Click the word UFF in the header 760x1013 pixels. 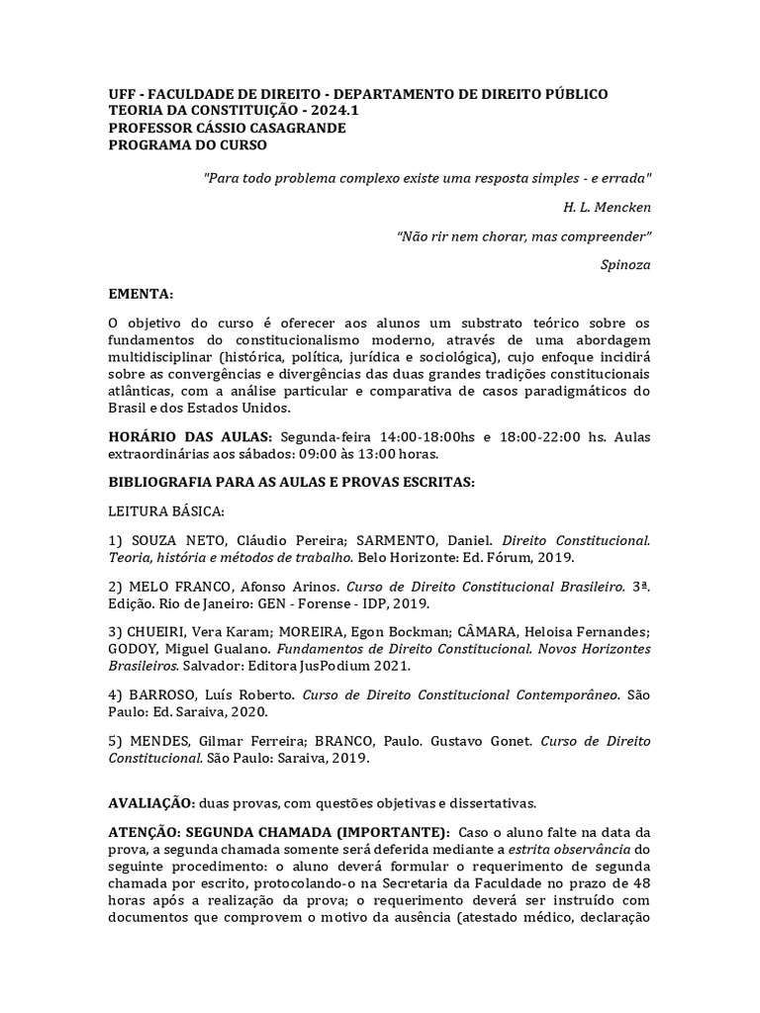122,94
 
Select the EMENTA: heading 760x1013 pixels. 141,294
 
